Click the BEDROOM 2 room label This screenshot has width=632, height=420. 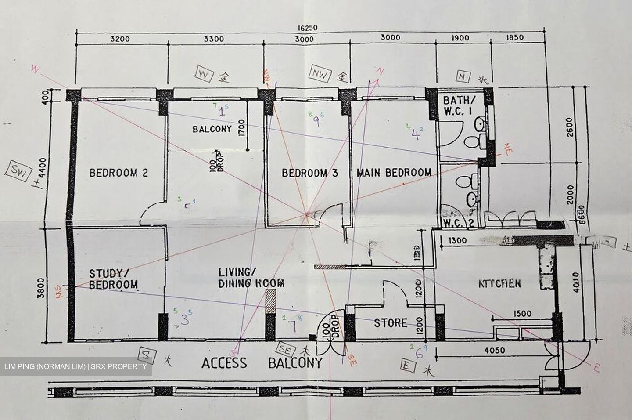pyautogui.click(x=118, y=173)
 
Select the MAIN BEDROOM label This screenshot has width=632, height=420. pyautogui.click(x=394, y=172)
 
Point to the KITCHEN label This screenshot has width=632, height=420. pyautogui.click(x=499, y=283)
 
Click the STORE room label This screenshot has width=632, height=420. pyautogui.click(x=390, y=323)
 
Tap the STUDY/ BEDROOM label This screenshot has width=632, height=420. pyautogui.click(x=113, y=279)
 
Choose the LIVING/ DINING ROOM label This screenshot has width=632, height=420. pyautogui.click(x=251, y=278)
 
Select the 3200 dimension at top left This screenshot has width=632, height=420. pyautogui.click(x=120, y=39)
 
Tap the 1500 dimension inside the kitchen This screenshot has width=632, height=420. pyautogui.click(x=521, y=314)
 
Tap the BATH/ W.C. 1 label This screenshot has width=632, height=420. pyautogui.click(x=457, y=105)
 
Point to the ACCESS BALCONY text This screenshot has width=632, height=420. pyautogui.click(x=262, y=363)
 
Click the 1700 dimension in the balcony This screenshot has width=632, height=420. pyautogui.click(x=241, y=129)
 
